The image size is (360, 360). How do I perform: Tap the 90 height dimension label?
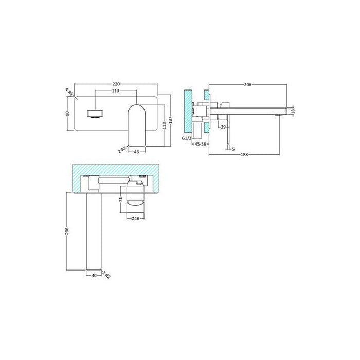coord(67,114)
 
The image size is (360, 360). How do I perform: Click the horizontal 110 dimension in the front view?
coord(116,91)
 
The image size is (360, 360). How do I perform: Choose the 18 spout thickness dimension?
coord(293,111)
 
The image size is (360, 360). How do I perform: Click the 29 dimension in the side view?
coord(225,127)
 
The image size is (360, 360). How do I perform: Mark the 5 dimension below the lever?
coord(233,149)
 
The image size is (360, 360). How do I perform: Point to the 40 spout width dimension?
coord(93,275)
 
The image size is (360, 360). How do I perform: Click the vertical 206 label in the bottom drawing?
coord(67,231)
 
